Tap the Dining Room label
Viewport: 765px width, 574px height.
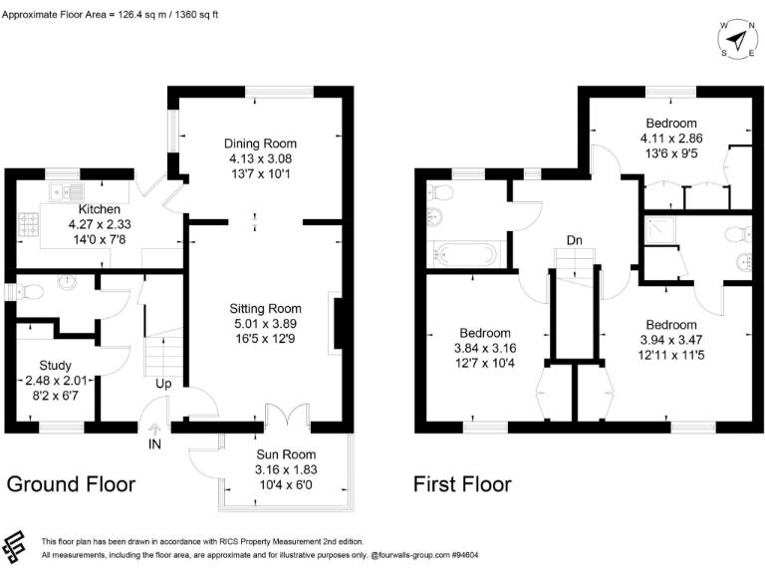260,143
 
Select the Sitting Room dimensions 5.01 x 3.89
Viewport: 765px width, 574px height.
265,324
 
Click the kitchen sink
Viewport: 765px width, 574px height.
67,191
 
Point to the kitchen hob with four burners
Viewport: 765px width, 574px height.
28,224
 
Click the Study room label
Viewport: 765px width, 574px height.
55,365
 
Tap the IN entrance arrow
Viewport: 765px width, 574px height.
154,430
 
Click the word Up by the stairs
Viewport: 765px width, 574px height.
163,384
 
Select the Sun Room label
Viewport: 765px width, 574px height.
286,454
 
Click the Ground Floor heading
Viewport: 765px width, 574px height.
72,484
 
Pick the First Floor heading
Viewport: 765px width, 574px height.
462,484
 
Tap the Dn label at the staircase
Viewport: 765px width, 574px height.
574,240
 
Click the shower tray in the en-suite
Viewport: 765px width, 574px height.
661,230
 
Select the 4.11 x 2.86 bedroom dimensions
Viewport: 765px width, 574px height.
671,139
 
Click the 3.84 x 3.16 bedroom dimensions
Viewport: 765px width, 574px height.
485,348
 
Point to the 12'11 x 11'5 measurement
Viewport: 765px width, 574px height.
671,355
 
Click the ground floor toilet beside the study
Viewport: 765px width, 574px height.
30,292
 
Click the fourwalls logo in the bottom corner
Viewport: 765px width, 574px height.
13,547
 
